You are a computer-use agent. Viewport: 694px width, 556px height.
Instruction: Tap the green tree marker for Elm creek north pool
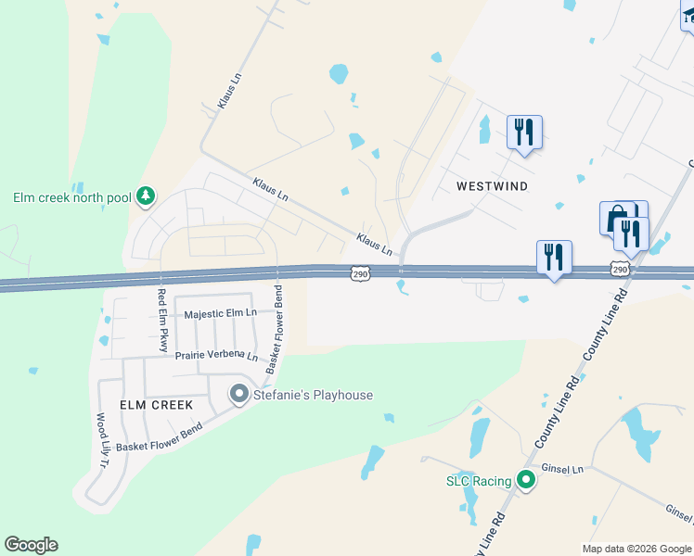(x=145, y=196)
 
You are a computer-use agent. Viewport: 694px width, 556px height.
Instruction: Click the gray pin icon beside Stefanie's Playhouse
(x=238, y=395)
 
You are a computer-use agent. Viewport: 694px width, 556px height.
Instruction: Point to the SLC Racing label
(x=479, y=481)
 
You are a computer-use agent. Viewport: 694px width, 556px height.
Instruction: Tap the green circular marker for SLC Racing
(x=526, y=480)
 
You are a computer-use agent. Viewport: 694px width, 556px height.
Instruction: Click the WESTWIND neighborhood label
(x=492, y=186)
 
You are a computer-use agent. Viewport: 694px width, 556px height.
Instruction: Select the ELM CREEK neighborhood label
(x=156, y=405)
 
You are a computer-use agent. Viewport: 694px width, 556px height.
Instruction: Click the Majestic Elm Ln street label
(x=220, y=314)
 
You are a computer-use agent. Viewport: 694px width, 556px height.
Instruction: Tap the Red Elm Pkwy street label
(x=161, y=321)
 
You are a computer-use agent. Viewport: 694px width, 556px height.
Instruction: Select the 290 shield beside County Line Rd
(x=621, y=269)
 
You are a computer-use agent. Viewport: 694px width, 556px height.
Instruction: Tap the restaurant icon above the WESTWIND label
(x=524, y=132)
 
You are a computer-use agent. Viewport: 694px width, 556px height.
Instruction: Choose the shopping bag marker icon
(x=615, y=219)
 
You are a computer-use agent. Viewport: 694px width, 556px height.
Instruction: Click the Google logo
(x=31, y=545)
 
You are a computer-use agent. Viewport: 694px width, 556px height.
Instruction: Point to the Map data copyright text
(x=636, y=549)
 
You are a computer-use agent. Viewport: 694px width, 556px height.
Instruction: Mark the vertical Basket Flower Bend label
(x=276, y=330)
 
